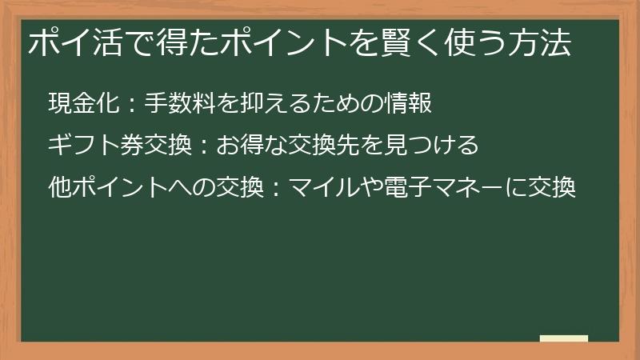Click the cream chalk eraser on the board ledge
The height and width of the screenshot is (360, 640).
click(x=564, y=339)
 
